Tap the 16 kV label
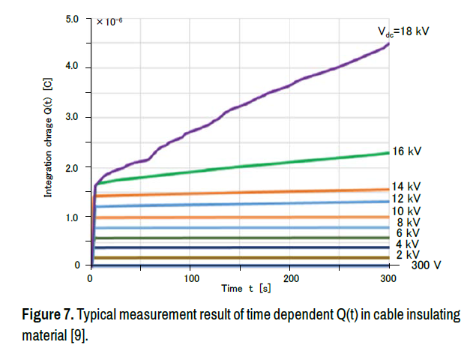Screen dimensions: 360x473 (x=407, y=151)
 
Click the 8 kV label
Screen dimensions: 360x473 (x=407, y=223)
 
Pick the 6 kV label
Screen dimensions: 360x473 (x=407, y=234)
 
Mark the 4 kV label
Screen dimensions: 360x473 (x=407, y=244)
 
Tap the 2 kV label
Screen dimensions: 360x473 (x=407, y=255)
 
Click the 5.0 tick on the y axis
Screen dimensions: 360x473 (x=72, y=18)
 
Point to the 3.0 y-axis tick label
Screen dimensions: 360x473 (x=72, y=118)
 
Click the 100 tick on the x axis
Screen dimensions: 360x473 (x=190, y=278)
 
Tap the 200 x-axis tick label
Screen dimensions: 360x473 (x=291, y=278)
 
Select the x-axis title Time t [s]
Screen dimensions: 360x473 (x=246, y=289)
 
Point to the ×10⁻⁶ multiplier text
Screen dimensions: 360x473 (x=109, y=21)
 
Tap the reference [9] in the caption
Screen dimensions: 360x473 (x=78, y=333)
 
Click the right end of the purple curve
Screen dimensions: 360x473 (x=388, y=44)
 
